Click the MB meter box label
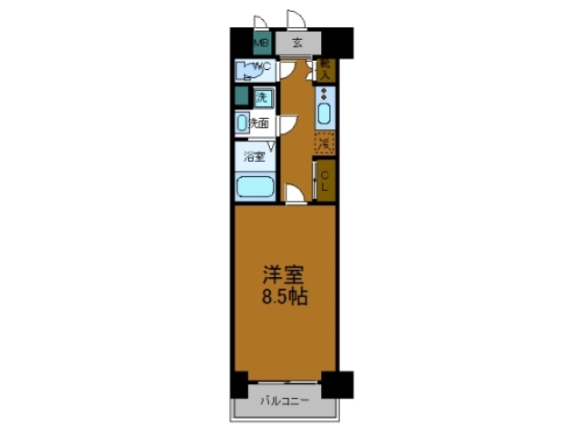tap(260, 43)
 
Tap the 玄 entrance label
tap(297, 43)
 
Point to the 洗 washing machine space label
tap(262, 97)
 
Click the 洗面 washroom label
tap(258, 123)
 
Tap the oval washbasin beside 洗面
tap(242, 123)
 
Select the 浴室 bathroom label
tap(254, 156)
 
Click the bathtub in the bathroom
tap(256, 188)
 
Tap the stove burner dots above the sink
tap(325, 94)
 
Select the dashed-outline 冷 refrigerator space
tap(325, 142)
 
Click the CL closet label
tap(325, 181)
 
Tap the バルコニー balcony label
tap(286, 400)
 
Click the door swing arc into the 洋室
tap(295, 193)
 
